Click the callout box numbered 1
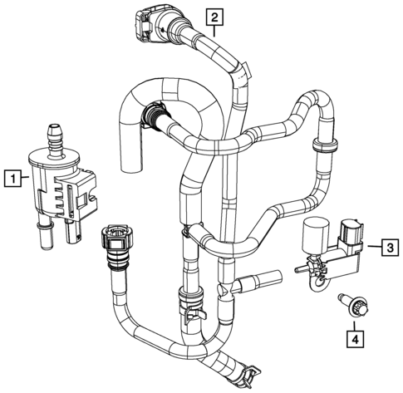pyautogui.click(x=13, y=179)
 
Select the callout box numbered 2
pyautogui.click(x=214, y=17)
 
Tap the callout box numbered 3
pyautogui.click(x=390, y=248)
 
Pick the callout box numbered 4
pyautogui.click(x=356, y=339)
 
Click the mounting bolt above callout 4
pyautogui.click(x=355, y=305)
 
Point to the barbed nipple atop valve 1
pyautogui.click(x=57, y=140)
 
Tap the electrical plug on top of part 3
pyautogui.click(x=351, y=231)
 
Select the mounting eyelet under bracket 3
pyautogui.click(x=321, y=284)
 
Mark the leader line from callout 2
pyautogui.click(x=214, y=31)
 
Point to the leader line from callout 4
pyautogui.click(x=356, y=326)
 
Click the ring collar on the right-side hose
pyautogui.click(x=326, y=145)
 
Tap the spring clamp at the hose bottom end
pyautogui.click(x=250, y=376)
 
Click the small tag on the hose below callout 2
pyautogui.click(x=246, y=71)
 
